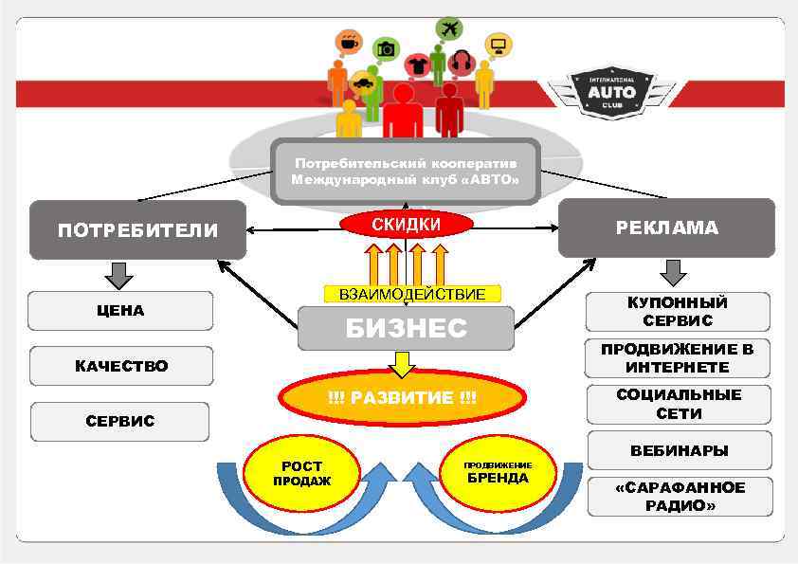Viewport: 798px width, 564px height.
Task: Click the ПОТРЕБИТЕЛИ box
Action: [137, 230]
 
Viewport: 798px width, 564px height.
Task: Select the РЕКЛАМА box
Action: [666, 227]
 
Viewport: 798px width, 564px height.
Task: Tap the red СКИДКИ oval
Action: [406, 225]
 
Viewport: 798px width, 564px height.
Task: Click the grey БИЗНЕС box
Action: [406, 328]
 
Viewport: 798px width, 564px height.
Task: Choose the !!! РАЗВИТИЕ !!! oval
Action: [402, 397]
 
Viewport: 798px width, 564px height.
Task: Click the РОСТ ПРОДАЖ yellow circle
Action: [301, 472]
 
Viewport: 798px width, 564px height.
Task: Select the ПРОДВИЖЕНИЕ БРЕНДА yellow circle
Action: [498, 472]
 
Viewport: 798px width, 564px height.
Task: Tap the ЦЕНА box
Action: [119, 311]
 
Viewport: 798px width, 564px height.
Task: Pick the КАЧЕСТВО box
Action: [120, 366]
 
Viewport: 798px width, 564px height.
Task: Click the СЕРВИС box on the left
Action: [120, 421]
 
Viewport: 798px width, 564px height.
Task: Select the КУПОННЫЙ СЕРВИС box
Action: [677, 312]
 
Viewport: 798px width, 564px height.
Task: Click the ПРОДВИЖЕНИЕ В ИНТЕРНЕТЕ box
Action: [677, 358]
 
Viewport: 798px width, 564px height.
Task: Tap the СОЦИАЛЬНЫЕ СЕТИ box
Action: [679, 404]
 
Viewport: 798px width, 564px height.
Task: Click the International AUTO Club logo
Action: [611, 92]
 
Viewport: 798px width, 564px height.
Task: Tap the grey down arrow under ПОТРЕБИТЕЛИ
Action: [119, 275]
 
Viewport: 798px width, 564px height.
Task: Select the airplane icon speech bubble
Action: [449, 28]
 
